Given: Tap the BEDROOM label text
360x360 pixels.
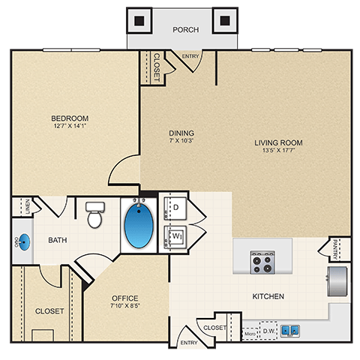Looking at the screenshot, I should pos(70,118).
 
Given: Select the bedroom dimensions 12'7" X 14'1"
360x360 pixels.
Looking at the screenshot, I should pos(70,127).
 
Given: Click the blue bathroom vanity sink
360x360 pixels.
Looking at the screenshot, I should pos(23,242).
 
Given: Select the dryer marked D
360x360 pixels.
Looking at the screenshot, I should pos(177,206).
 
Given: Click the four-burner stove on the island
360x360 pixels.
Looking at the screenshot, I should pos(262,261).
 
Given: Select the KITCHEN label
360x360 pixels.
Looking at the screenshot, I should pos(268,297).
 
